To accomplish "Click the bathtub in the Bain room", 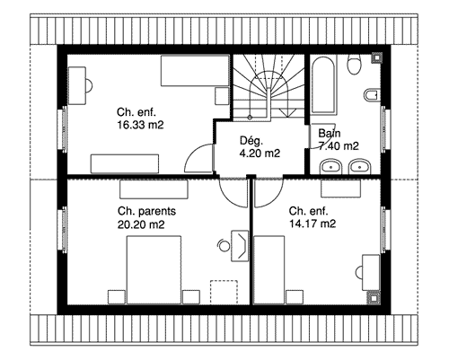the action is coord(323,84).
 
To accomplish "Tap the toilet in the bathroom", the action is coord(355,64).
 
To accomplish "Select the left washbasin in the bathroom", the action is coord(330,166).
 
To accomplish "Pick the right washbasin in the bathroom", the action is coord(360,166).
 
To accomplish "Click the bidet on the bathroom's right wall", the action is coord(372,95).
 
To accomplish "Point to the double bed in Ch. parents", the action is coord(154,270).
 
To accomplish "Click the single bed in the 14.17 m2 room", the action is coord(269,270).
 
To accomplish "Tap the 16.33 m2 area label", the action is coord(140,125).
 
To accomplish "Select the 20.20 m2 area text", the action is coord(141,224).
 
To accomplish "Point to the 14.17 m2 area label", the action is coord(313,224).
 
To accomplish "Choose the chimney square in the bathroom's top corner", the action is coord(376,57).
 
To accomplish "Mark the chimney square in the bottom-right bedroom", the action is coord(374,298).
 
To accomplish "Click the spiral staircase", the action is coord(269,87).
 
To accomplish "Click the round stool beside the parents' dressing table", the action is coord(224,246).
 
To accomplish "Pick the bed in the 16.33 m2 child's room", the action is coord(195,71).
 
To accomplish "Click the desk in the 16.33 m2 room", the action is coord(77,85).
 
